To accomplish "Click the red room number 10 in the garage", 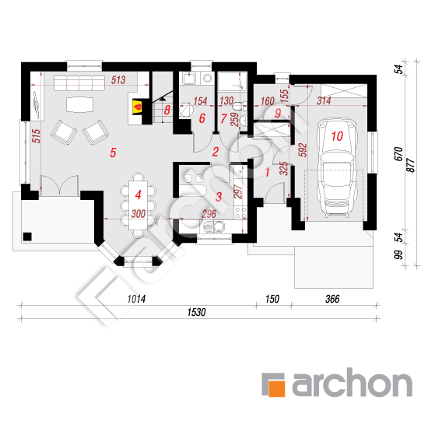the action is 337,136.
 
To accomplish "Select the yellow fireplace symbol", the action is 137,107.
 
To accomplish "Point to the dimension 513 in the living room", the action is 118,80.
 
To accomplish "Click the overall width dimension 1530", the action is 196,312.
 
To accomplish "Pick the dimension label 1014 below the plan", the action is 136,299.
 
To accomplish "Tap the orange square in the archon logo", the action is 277,388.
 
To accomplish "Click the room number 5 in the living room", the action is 113,153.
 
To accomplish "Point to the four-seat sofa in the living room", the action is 79,83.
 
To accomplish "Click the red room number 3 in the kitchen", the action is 219,197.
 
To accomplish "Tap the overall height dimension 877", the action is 411,165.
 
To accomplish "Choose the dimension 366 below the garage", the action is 332,299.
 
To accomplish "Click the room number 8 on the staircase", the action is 167,110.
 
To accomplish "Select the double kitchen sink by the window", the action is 214,226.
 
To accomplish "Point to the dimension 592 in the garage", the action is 303,150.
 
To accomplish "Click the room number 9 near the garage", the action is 278,113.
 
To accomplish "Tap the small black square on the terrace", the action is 27,237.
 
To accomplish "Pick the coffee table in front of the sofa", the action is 79,105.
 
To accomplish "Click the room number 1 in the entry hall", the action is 267,172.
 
